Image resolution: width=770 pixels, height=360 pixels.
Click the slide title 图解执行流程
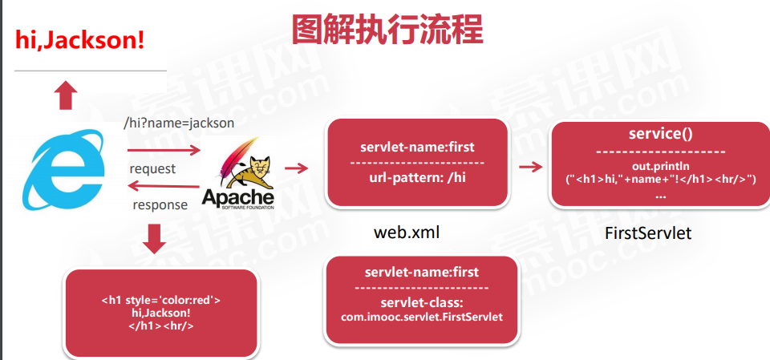click(387, 30)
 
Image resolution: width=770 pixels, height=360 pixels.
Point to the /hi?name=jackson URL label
click(178, 123)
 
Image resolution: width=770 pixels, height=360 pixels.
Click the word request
click(152, 169)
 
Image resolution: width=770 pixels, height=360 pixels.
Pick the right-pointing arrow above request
click(164, 150)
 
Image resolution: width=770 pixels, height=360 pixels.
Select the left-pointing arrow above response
click(160, 187)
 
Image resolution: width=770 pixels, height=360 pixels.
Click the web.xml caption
click(407, 233)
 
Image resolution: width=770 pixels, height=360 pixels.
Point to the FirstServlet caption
click(648, 234)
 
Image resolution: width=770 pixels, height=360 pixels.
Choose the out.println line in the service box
click(660, 165)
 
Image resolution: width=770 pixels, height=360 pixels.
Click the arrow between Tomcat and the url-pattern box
click(297, 168)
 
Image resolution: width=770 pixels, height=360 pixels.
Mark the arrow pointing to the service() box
click(529, 167)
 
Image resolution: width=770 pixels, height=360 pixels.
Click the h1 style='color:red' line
click(161, 301)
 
